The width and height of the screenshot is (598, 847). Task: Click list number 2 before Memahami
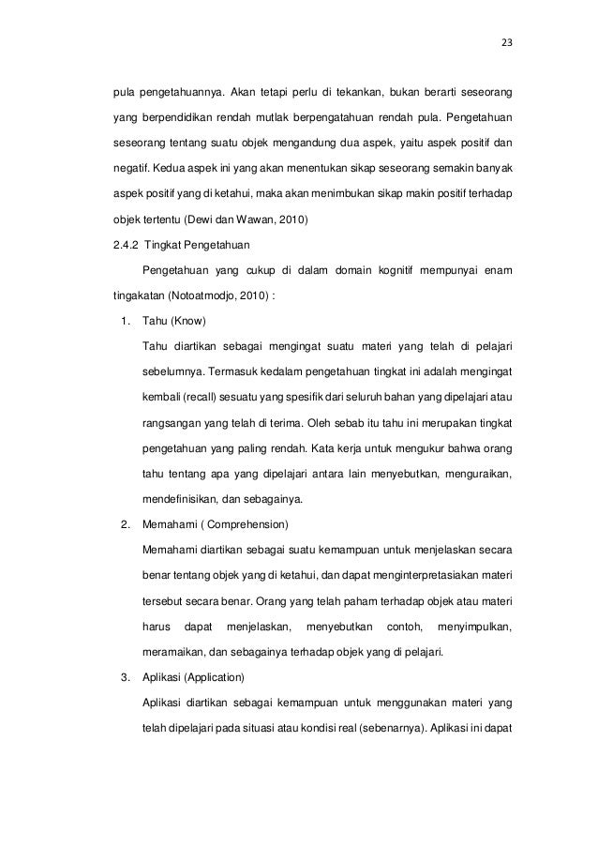coord(126,522)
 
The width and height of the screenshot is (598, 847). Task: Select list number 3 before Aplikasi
coord(126,676)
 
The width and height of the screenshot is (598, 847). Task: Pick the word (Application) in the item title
coord(214,676)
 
